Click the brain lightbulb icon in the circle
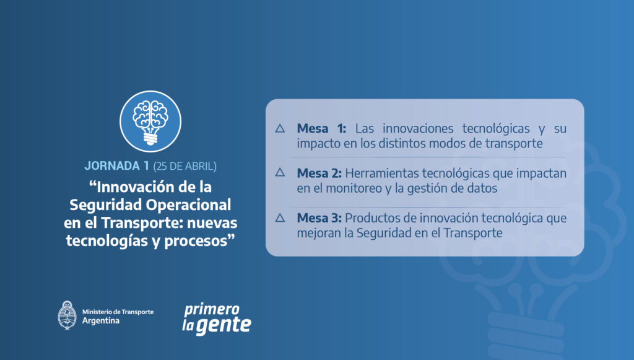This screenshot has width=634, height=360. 150,121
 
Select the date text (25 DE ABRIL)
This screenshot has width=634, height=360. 185,166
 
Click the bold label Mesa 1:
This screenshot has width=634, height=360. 321,129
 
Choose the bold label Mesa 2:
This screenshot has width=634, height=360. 319,173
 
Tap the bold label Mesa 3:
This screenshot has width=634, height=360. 319,218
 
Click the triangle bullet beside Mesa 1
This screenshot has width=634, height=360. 280,129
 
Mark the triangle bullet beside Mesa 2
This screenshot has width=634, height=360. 280,173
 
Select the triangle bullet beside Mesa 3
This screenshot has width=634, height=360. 280,218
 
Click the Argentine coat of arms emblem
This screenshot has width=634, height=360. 67,315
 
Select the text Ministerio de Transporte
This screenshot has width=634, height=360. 118,312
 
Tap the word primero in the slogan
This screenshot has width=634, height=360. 212,310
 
